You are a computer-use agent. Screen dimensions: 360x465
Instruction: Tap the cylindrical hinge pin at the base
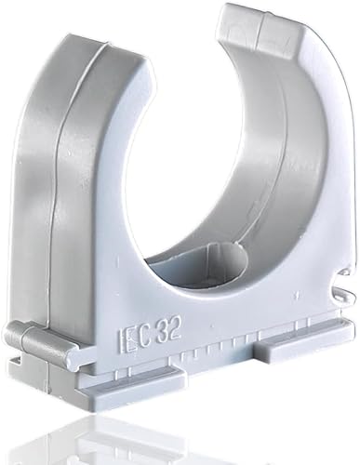(39, 340)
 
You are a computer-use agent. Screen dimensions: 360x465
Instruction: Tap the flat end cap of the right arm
(261, 30)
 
